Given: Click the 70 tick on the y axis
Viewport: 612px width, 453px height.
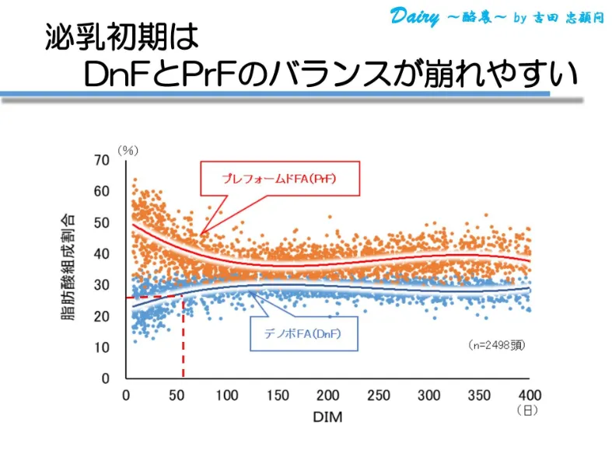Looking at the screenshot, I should coord(102,160).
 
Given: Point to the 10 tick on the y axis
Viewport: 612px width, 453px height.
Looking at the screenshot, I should coord(102,347).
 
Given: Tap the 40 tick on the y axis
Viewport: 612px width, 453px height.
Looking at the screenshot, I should coord(102,254).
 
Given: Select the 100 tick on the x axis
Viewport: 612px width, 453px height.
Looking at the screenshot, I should coord(226,395).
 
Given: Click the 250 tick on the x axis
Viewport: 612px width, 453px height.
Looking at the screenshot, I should coord(379,395).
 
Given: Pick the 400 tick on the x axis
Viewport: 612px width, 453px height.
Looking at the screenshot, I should coord(530,395).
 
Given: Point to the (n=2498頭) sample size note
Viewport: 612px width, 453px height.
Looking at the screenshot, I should coord(497,345).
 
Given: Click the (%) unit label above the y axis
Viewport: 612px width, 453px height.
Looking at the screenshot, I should coord(128,149).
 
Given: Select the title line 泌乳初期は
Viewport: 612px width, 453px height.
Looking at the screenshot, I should coord(122,37).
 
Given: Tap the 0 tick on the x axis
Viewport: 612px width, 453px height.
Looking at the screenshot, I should coord(126,395).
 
